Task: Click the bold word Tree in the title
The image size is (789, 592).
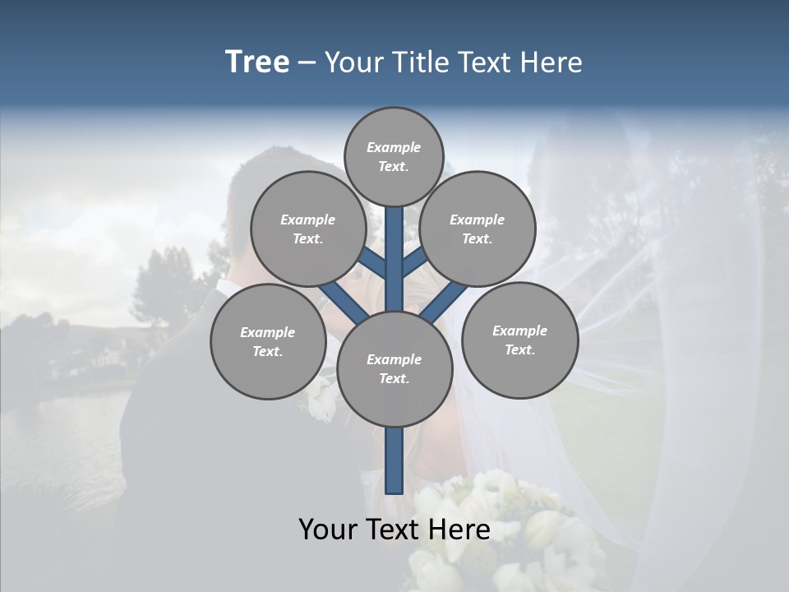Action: [257, 62]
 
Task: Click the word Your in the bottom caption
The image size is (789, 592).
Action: [329, 530]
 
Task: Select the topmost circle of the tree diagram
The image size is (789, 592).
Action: [394, 156]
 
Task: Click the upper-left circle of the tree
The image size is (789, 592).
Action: [308, 229]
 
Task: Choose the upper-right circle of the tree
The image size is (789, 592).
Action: [478, 229]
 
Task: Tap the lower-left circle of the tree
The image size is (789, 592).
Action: [268, 341]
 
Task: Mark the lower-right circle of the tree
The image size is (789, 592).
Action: [519, 340]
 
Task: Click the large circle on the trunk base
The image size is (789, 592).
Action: [394, 368]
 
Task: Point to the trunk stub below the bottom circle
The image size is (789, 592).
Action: [394, 460]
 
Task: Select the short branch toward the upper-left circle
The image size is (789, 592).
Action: [371, 261]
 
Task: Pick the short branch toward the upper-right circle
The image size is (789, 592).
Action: [415, 261]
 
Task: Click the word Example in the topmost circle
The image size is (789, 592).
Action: [394, 147]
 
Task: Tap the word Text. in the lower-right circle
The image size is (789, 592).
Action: [519, 349]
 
